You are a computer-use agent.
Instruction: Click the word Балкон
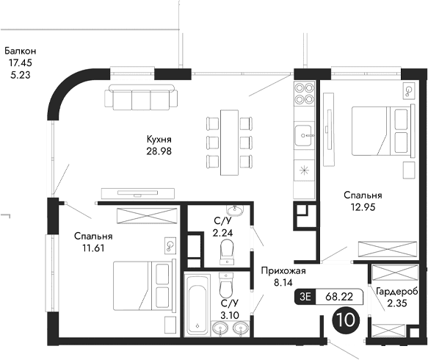tap(20, 51)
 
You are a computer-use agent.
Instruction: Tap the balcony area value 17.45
tap(20, 63)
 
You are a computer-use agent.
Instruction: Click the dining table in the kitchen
tap(230, 140)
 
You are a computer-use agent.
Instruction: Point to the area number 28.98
tap(159, 151)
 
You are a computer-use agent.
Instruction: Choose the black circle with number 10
tap(345, 320)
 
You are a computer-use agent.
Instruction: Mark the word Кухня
tap(159, 139)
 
